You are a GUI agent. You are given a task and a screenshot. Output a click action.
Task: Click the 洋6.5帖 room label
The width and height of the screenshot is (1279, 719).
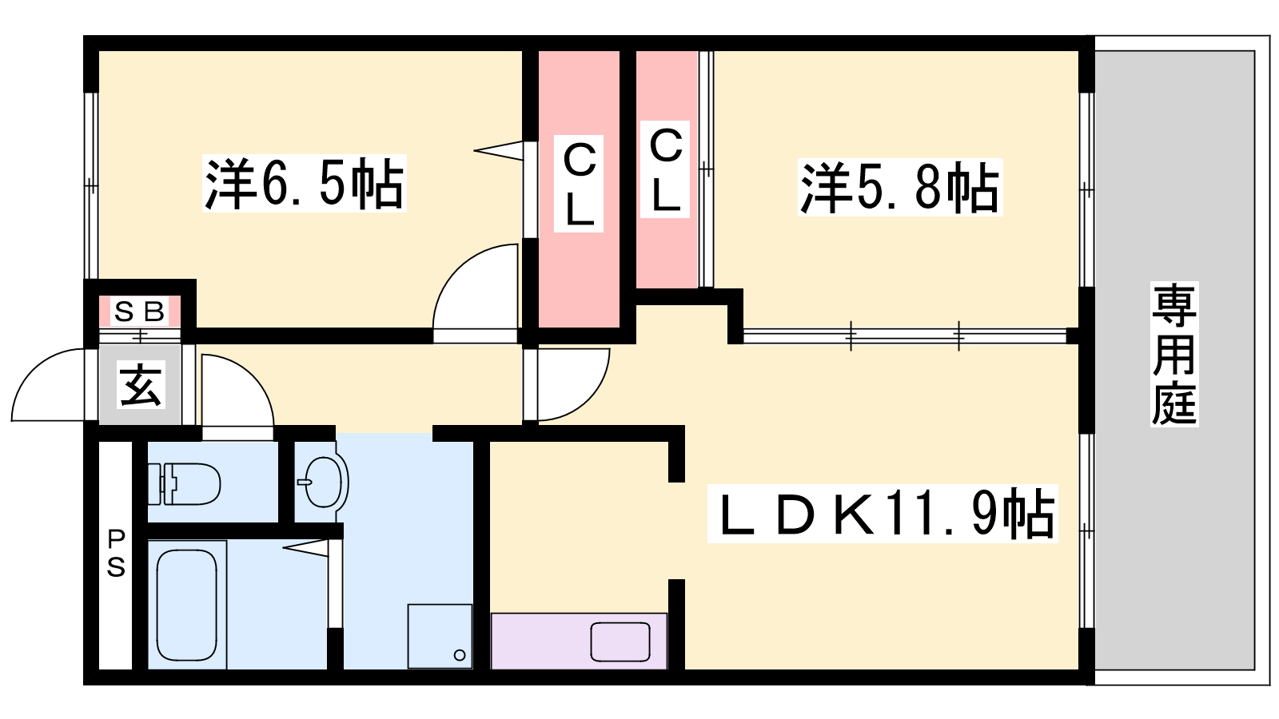[305, 183]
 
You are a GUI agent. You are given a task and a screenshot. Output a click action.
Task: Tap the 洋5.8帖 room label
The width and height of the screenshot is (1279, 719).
[900, 187]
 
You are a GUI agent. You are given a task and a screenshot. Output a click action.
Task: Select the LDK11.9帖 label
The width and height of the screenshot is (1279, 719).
[883, 514]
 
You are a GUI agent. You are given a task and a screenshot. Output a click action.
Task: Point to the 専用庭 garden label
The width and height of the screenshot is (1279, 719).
[1174, 355]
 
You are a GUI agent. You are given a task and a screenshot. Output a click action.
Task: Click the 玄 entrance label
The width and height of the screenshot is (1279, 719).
[141, 384]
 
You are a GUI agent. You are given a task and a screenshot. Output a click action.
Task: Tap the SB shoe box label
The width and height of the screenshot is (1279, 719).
[139, 312]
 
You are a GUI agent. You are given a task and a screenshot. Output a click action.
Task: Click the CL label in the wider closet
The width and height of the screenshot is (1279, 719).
[579, 184]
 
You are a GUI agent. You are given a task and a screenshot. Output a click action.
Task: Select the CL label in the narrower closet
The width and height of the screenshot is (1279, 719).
[665, 169]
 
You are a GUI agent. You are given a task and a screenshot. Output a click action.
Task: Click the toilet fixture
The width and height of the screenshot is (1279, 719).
[184, 484]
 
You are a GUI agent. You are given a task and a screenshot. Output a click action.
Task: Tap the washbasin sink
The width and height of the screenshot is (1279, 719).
[323, 483]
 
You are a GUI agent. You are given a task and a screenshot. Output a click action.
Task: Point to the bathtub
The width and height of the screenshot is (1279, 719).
[187, 605]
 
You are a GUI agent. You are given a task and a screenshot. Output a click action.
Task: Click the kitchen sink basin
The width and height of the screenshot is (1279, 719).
[620, 642]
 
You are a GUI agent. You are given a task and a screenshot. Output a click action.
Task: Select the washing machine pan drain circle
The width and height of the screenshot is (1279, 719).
[460, 655]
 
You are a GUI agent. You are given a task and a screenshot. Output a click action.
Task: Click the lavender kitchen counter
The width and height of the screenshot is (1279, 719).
[579, 641]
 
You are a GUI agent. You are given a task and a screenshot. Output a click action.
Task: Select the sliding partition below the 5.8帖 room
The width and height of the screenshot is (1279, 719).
[905, 336]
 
